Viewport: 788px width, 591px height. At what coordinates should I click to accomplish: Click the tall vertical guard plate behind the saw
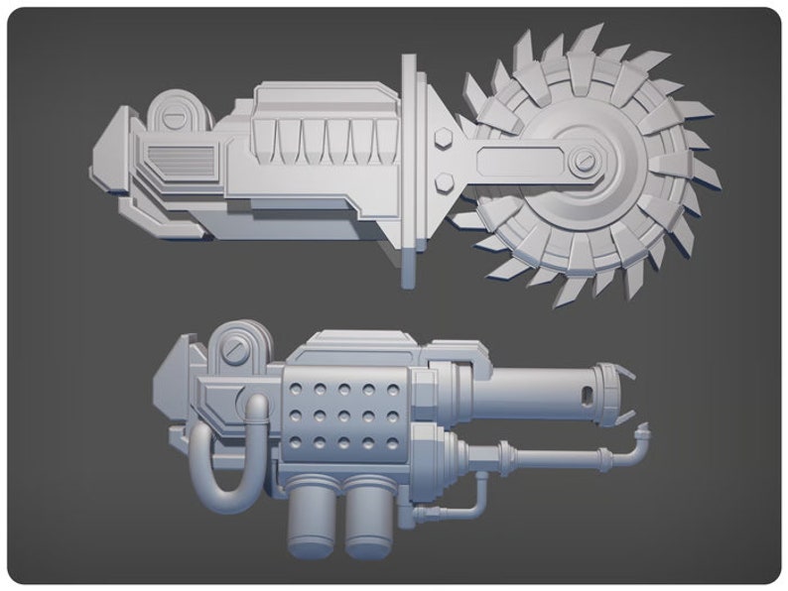pyautogui.click(x=409, y=169)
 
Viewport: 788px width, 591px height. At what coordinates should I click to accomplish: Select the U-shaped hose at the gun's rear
pyautogui.click(x=226, y=451)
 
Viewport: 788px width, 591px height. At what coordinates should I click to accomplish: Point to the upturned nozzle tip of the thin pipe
pyautogui.click(x=642, y=432)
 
